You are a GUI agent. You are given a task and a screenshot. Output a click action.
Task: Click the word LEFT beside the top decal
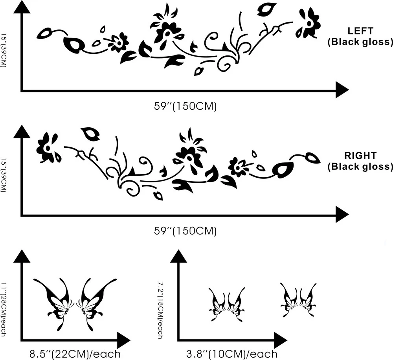[x=360, y=31]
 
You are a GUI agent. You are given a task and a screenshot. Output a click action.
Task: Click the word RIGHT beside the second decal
[x=360, y=155]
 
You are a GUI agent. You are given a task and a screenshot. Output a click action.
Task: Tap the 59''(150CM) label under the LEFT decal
[x=185, y=106]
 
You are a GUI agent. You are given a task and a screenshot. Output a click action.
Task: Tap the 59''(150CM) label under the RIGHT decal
[x=185, y=231]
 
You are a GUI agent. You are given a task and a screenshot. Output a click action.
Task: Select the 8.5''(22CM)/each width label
[x=75, y=354]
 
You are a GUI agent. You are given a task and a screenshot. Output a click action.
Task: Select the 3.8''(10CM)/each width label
[x=232, y=354]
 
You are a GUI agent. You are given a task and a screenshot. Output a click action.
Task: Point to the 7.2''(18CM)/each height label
[x=160, y=310]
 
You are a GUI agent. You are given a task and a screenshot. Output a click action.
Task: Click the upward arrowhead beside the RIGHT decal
[x=22, y=132]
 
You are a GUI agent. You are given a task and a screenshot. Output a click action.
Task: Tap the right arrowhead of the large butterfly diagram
[x=123, y=340]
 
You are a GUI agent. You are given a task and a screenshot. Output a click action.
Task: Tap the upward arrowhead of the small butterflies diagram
[x=179, y=256]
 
